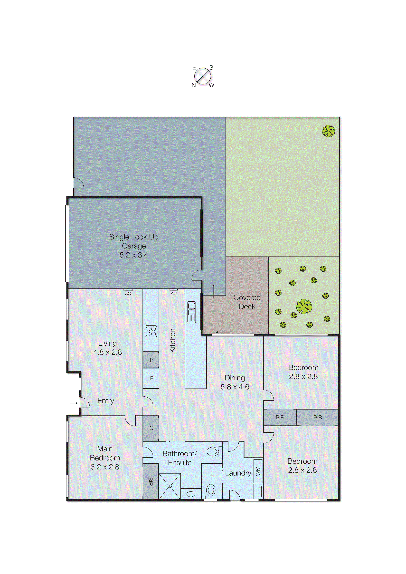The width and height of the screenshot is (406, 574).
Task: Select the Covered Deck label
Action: point(247,302)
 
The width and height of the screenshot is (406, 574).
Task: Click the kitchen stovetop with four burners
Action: point(151,331)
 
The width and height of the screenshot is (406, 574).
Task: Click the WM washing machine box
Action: point(258,471)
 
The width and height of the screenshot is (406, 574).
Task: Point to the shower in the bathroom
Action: point(170,486)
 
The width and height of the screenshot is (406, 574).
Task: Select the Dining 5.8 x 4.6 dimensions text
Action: point(235,387)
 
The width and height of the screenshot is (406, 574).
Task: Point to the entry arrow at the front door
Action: point(74,403)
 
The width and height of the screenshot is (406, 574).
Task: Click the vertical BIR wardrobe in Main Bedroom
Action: point(151,481)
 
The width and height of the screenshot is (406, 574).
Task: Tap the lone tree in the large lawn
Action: point(328,131)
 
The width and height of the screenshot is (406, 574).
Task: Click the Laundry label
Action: point(238,473)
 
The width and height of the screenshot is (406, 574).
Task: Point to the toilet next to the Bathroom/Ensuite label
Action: point(213,452)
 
